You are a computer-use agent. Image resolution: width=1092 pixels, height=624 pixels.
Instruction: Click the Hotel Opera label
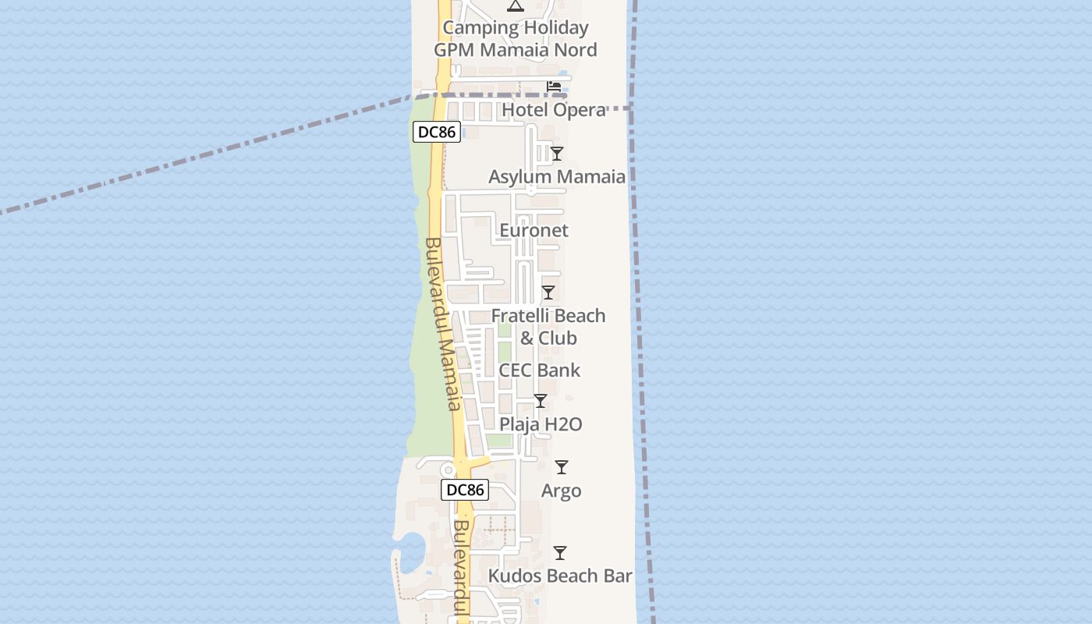coord(554,110)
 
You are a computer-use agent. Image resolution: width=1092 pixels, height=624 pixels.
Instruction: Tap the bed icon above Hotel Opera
coord(554,86)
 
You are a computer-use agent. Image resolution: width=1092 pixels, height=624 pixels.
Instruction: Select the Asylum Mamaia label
coord(557,177)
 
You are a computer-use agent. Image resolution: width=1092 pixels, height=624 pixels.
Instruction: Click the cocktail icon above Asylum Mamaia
coord(556,154)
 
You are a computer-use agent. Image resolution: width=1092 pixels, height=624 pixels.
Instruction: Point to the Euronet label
coord(534,231)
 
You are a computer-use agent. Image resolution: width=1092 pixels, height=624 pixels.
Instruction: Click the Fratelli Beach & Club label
coord(548,327)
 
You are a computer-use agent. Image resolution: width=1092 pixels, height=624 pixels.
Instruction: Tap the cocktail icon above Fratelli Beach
coord(548,292)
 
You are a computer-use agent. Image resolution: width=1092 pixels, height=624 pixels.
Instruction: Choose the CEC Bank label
coord(540,370)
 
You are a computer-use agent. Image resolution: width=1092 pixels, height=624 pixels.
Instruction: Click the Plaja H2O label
coord(541,425)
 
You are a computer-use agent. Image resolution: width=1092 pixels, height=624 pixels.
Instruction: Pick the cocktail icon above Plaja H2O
coord(540,401)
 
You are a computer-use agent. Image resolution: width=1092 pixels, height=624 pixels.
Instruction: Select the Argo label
coord(562,491)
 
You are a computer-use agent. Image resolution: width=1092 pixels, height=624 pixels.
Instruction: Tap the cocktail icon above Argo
coord(561,467)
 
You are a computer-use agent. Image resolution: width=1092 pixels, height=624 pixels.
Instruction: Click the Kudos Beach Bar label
coord(560,576)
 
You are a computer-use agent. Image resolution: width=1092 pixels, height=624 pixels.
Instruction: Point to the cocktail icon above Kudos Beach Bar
coord(560,553)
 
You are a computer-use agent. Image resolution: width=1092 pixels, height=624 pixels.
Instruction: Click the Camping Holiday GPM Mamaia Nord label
coord(516,39)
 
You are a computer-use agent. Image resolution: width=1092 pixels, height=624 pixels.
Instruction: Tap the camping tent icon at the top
coord(515,6)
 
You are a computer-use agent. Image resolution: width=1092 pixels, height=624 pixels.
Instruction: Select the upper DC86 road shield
coord(436,132)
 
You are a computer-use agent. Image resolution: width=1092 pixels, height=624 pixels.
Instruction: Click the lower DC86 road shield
coord(466,490)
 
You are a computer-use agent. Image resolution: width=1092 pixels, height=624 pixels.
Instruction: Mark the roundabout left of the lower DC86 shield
coord(448,470)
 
